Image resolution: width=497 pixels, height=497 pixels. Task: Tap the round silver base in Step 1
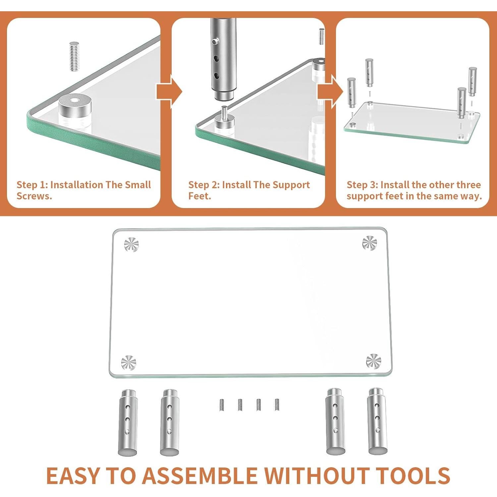[x=75, y=111]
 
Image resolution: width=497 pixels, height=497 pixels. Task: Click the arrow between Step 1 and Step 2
[x=169, y=91]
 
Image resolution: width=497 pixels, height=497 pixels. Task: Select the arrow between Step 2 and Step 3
[x=330, y=91]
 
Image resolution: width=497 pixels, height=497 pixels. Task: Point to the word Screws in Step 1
[x=34, y=196]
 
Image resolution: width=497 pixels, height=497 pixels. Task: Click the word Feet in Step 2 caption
[x=199, y=196]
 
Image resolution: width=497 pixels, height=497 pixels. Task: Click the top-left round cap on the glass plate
[x=131, y=245]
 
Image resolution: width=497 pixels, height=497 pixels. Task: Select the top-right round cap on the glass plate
[x=369, y=243]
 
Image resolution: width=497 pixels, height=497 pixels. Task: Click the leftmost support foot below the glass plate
[x=128, y=423]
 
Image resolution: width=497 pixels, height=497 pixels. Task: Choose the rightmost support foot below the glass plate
[x=377, y=421]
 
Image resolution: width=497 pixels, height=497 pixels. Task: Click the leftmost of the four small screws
[x=221, y=405]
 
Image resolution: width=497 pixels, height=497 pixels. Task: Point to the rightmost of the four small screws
[x=277, y=405]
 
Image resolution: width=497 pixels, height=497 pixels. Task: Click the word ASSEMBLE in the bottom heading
[x=200, y=476]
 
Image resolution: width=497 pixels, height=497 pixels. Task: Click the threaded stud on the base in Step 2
[x=224, y=111]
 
